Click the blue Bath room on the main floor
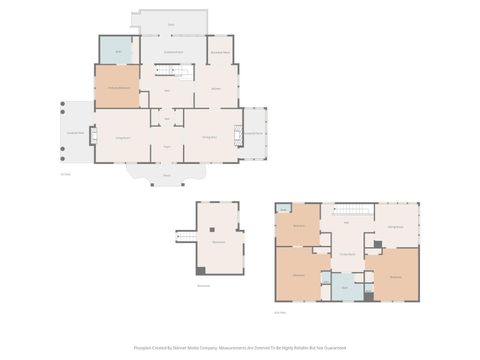(x=118, y=50)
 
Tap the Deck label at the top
(x=170, y=23)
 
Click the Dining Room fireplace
(x=238, y=135)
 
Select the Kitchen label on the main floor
(x=215, y=88)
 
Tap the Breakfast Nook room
(x=219, y=51)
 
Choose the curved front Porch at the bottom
(x=166, y=174)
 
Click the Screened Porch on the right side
(x=255, y=133)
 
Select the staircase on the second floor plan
(x=347, y=208)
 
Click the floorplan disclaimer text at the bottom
(x=240, y=348)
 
